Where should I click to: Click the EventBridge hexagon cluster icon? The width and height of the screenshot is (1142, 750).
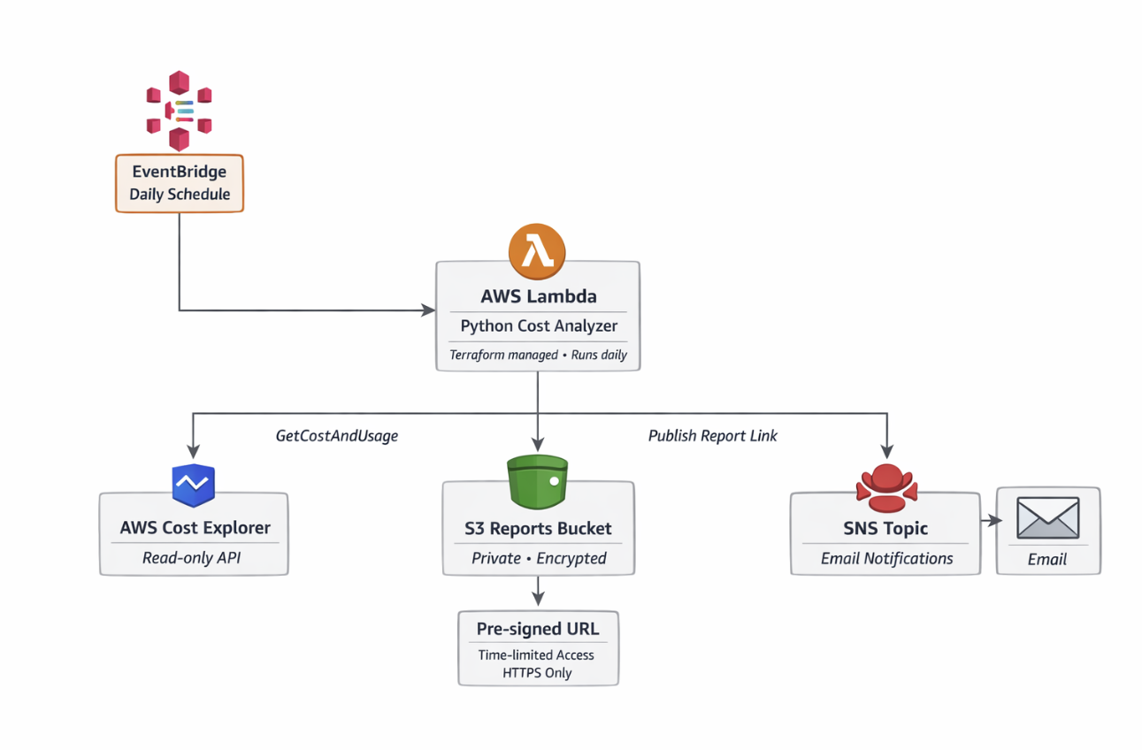pyautogui.click(x=180, y=111)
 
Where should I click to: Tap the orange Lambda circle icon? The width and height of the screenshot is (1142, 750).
pyautogui.click(x=537, y=251)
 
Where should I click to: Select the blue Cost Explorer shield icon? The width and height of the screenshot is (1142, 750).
pyautogui.click(x=193, y=484)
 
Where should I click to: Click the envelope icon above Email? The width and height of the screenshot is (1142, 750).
pyautogui.click(x=1047, y=518)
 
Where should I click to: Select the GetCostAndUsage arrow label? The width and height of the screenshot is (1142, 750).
pyautogui.click(x=337, y=435)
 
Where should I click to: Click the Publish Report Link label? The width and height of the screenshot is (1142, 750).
pyautogui.click(x=712, y=435)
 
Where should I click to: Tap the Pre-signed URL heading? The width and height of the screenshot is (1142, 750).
pyautogui.click(x=538, y=629)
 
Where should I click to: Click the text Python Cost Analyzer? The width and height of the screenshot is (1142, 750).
pyautogui.click(x=539, y=325)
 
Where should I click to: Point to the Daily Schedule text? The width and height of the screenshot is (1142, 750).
pyautogui.click(x=180, y=194)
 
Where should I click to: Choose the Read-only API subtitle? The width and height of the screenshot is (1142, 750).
pyautogui.click(x=192, y=558)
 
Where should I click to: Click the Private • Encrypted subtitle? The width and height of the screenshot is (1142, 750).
pyautogui.click(x=538, y=558)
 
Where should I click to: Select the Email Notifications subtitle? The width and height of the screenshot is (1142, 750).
pyautogui.click(x=886, y=558)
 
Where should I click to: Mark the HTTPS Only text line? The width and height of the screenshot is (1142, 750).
pyautogui.click(x=538, y=673)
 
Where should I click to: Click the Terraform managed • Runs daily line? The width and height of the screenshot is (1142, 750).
pyautogui.click(x=538, y=355)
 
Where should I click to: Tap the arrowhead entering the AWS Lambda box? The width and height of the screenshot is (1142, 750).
pyautogui.click(x=429, y=310)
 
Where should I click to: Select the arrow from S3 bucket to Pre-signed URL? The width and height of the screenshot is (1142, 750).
pyautogui.click(x=538, y=591)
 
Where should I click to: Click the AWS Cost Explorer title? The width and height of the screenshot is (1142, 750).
pyautogui.click(x=195, y=528)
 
